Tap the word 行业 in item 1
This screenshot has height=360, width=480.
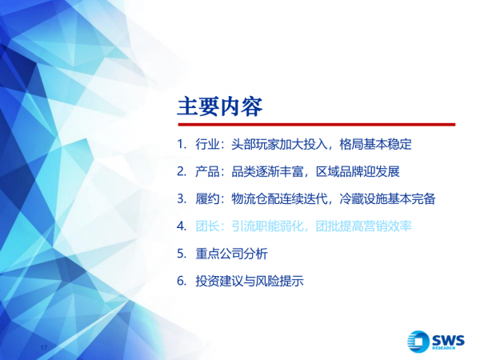point(206,145)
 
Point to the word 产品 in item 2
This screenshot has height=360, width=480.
point(206,172)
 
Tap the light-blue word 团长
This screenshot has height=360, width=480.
point(206,226)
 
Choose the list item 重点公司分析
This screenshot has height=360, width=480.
point(232,254)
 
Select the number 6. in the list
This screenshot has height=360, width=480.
point(182,281)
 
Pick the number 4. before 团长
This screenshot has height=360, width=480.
point(182,226)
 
